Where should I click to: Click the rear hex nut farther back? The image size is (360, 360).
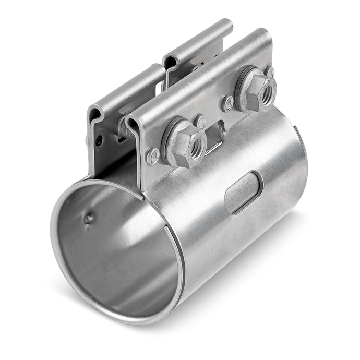pos(254,90)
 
